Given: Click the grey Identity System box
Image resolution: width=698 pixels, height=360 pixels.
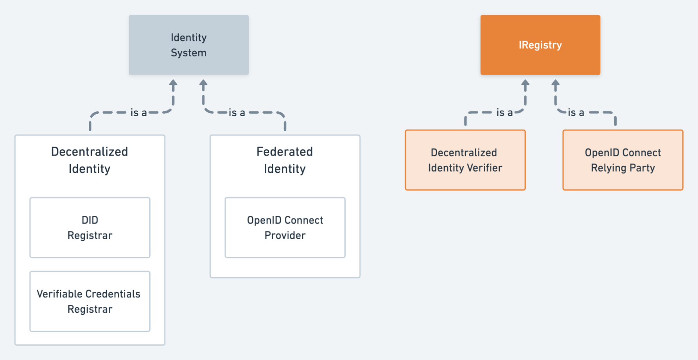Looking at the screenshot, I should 188,45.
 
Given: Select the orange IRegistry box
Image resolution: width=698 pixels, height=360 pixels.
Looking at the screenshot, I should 540,45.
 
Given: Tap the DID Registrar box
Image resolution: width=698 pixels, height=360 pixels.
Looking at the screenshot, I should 90,227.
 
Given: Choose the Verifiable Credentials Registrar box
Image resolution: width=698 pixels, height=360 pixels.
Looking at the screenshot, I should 90,301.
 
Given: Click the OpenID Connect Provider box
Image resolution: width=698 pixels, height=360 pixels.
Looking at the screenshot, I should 285,227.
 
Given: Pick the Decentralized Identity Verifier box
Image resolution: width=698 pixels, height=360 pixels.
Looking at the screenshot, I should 465,160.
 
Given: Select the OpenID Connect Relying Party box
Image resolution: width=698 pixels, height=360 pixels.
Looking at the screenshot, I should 623,160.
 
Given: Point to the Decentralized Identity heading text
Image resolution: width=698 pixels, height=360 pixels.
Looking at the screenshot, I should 90,160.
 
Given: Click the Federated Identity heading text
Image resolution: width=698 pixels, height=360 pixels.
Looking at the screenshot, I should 285,160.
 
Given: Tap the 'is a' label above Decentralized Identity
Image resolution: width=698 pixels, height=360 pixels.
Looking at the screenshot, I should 139,113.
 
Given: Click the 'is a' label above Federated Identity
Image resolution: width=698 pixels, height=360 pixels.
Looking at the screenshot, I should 237,113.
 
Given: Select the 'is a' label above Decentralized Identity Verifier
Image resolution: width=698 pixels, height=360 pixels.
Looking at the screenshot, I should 504,113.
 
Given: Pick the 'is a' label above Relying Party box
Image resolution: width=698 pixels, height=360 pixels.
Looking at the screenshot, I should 576,113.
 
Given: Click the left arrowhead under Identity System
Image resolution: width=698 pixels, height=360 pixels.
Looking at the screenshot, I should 173,84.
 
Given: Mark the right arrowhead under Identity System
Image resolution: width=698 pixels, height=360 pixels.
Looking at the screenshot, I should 203,84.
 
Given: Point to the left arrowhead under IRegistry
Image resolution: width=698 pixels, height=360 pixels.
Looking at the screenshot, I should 525,84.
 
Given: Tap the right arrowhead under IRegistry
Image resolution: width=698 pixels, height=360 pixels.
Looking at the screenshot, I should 555,84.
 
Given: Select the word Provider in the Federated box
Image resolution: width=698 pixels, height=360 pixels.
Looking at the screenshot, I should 285,235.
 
